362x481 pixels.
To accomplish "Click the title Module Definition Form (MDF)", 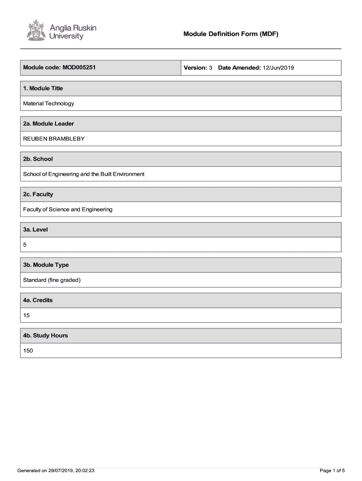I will (x=231, y=34).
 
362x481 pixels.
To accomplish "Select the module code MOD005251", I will (x=79, y=68).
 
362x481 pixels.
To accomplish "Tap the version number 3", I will (x=211, y=68).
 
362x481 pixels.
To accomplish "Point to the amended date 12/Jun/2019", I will (x=278, y=68).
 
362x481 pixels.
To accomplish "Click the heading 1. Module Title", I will (x=43, y=88).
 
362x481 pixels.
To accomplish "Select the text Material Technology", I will (x=48, y=103).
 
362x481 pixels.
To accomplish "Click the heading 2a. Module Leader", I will (x=48, y=124).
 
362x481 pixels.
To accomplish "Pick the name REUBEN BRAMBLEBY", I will (x=54, y=139).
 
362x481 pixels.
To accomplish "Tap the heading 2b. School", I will (x=38, y=159).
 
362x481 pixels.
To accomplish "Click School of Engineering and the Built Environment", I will (x=84, y=174).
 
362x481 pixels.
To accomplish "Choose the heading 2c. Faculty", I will (x=38, y=194).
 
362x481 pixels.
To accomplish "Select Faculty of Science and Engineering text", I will (x=68, y=209).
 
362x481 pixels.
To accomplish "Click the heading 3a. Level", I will (x=35, y=230).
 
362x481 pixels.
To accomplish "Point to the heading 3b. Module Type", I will (x=46, y=265).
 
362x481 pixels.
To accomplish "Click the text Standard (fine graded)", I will (x=52, y=280).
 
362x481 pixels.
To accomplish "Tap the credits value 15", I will (x=26, y=315).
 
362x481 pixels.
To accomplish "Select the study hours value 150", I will (x=28, y=350).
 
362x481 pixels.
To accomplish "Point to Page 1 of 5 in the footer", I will (x=332, y=470).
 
